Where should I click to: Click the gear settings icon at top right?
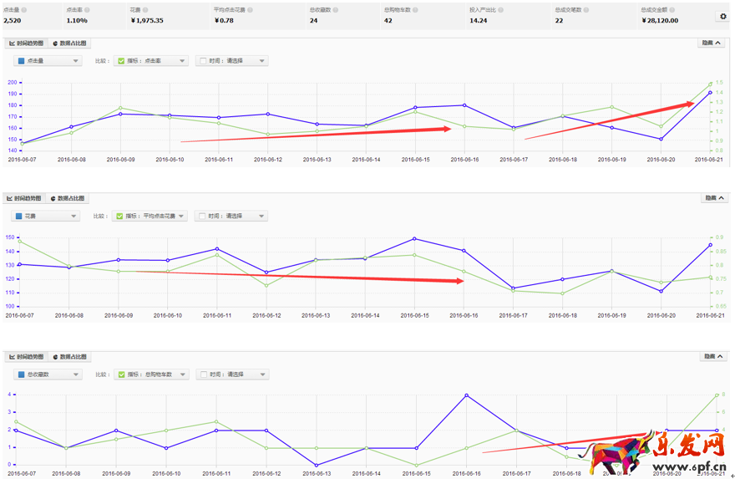tap(722, 16)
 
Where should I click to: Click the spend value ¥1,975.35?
tap(147, 20)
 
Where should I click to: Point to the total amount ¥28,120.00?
tap(660, 20)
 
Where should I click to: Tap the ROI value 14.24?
tap(479, 20)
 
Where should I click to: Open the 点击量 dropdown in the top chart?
tap(47, 61)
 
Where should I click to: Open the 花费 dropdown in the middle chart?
tap(47, 216)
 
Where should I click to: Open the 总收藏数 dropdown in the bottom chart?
tap(47, 374)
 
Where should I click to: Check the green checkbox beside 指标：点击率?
tap(121, 61)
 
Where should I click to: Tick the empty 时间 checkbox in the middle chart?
tap(201, 216)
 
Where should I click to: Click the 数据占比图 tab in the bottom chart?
tap(68, 356)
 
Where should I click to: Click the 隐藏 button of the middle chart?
tap(714, 198)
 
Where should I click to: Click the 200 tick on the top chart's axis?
tap(13, 83)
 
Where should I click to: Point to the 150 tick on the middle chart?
tap(10, 237)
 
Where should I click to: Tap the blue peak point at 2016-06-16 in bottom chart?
tap(466, 395)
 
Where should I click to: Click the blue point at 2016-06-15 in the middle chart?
tap(414, 239)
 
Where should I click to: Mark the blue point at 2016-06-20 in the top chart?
tap(661, 139)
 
